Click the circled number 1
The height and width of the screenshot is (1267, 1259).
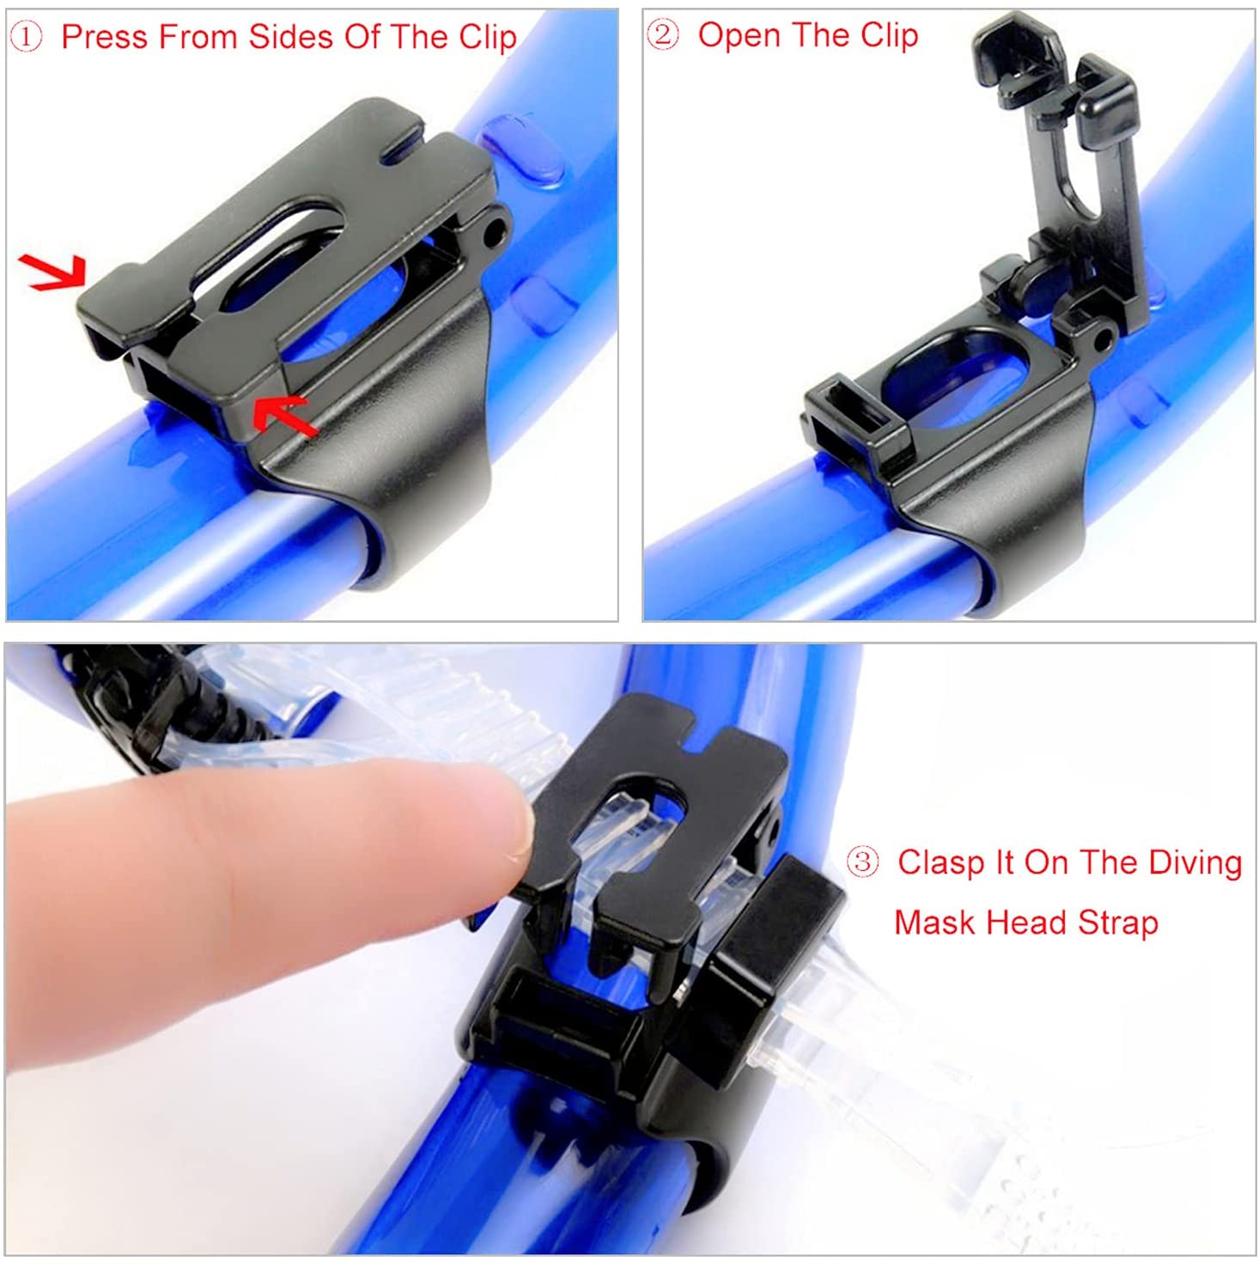[x=26, y=37]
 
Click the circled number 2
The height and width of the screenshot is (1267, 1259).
[x=662, y=35]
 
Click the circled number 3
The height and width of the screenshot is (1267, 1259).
[x=863, y=862]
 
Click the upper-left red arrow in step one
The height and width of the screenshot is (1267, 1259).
[x=53, y=271]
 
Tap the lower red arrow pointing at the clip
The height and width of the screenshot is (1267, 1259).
[x=285, y=414]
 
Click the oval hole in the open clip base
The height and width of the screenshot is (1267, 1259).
[x=956, y=379]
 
